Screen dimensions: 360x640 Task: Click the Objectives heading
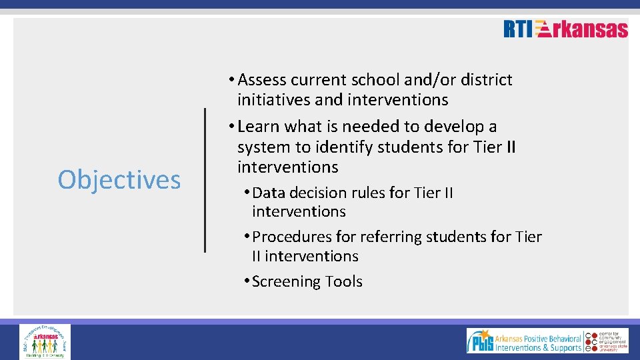[x=119, y=179]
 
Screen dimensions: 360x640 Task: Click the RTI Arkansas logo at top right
[x=565, y=29]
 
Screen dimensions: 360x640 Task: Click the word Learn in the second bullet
[x=259, y=127]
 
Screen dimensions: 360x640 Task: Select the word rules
[x=368, y=193]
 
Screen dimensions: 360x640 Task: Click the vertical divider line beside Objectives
[x=205, y=180]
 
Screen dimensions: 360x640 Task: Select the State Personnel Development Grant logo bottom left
[x=45, y=341]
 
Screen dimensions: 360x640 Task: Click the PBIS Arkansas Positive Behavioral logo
[x=524, y=341]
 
